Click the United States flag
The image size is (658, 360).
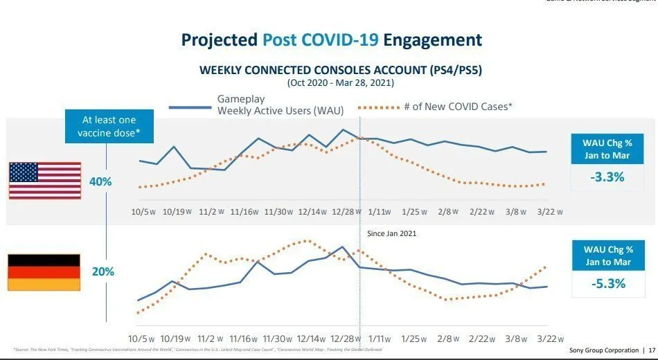point(45,181)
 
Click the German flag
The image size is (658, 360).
point(44,272)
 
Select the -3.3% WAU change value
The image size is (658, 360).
point(607,177)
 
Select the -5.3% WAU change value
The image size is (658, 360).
point(607,283)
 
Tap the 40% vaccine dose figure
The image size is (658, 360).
point(100,181)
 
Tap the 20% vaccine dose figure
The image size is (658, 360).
point(103,272)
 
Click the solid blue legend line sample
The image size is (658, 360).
point(189,107)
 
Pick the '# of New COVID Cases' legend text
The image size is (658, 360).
point(457,107)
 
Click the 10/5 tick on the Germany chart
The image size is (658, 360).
point(142,340)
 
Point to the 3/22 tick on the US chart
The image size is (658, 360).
point(547,212)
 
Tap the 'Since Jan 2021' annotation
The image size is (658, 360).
point(391,234)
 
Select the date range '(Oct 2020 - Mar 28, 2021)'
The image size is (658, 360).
point(340,82)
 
